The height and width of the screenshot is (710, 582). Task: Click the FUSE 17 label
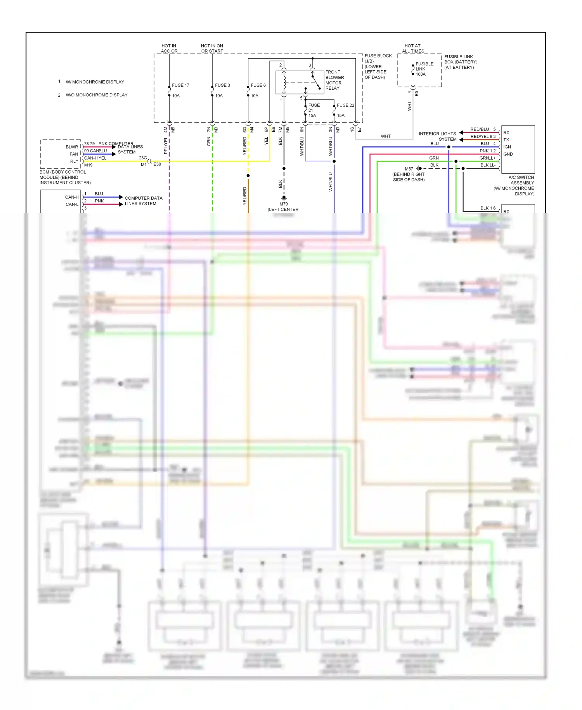click(180, 85)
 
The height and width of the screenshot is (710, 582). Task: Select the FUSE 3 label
click(222, 85)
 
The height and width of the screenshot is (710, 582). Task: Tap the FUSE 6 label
click(258, 85)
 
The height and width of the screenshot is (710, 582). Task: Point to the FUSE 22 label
click(345, 105)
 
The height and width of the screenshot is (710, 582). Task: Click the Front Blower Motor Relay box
click(300, 82)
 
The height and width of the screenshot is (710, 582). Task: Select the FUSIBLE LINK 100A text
click(424, 69)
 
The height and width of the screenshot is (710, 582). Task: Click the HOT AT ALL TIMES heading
click(413, 48)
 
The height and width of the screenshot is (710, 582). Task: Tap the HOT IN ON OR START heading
click(212, 48)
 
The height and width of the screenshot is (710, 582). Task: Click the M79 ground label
click(284, 204)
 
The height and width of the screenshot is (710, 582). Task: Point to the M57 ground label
click(409, 169)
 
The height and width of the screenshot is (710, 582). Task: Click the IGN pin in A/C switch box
click(507, 147)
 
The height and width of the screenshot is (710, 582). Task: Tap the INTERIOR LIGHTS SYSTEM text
click(438, 136)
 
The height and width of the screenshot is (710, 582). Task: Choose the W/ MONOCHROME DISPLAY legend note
click(95, 82)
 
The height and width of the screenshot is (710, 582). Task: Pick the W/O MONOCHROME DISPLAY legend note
click(97, 95)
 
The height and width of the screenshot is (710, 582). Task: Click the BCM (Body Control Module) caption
click(65, 177)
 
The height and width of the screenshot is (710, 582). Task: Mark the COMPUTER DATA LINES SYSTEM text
click(143, 200)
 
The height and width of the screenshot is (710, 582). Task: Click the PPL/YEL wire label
click(166, 145)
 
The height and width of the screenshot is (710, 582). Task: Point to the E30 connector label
click(157, 164)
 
